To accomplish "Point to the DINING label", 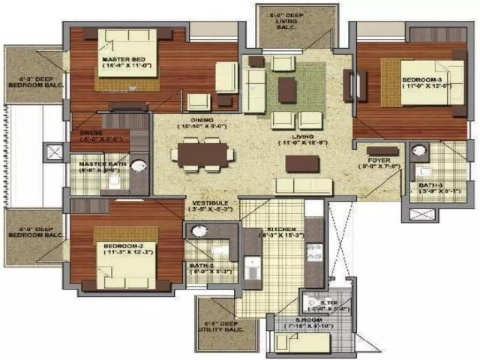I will click(202, 120).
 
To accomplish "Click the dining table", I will click(203, 154).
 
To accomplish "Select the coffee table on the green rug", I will click(288, 90).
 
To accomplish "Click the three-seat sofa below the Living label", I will click(304, 186).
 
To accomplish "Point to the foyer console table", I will click(382, 151).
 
